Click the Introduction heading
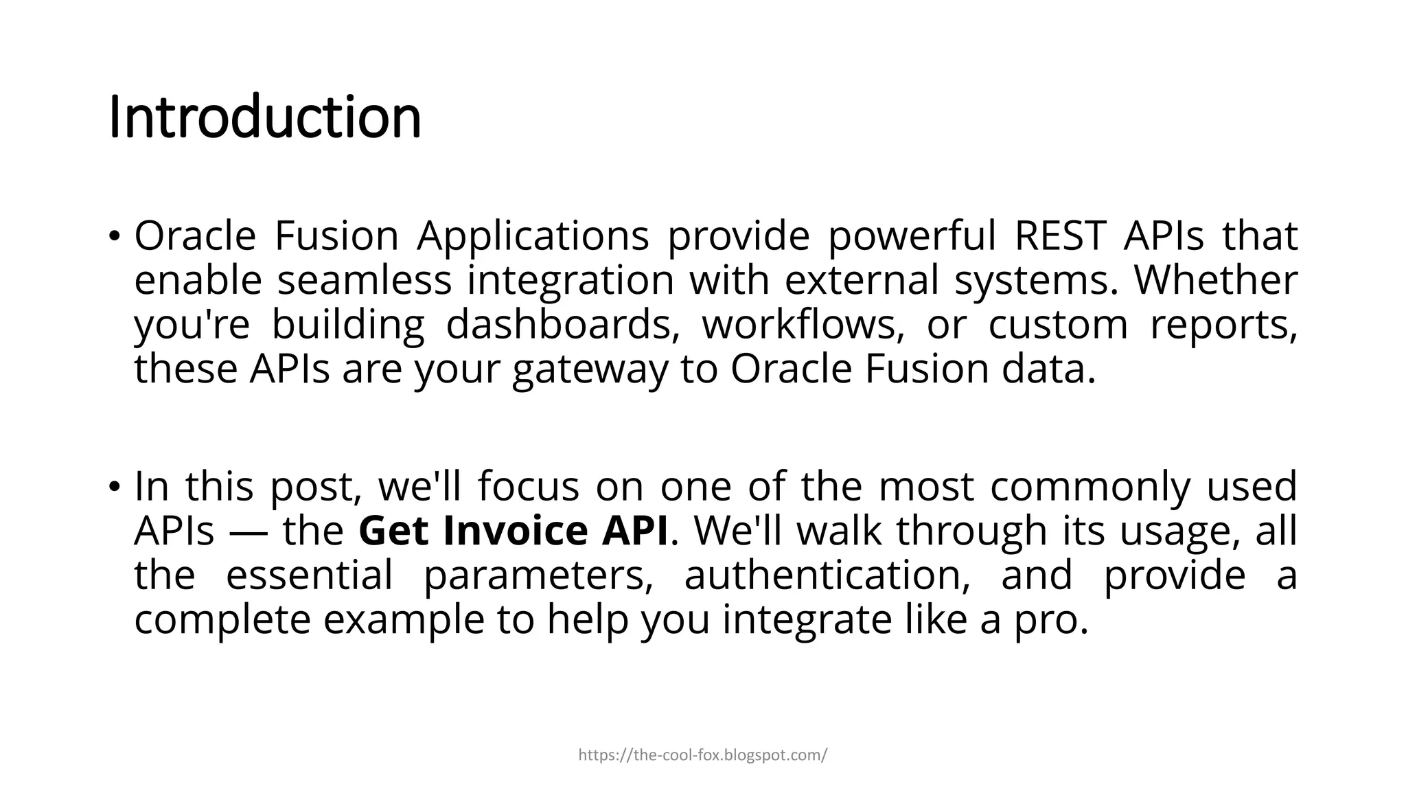[x=265, y=117]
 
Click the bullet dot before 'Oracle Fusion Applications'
[x=114, y=237]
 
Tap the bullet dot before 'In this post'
[x=114, y=488]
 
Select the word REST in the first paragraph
[x=1059, y=236]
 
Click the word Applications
[x=533, y=237]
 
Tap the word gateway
[x=590, y=369]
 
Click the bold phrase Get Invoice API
[x=513, y=531]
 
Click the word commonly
[x=1090, y=487]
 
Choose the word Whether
[x=1215, y=280]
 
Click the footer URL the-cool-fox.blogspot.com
[x=702, y=755]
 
